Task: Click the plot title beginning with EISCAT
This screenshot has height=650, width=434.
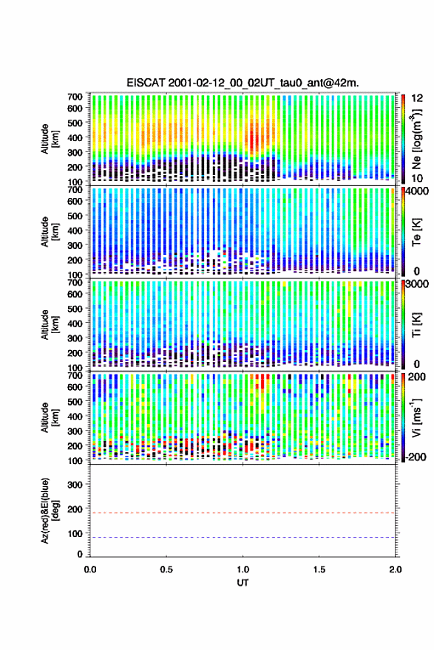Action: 243,83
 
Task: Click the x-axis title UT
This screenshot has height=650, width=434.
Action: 243,583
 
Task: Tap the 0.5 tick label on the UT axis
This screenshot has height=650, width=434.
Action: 166,569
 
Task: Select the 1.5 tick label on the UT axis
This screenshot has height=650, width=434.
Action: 319,569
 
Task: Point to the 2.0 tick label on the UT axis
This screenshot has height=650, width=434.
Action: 396,569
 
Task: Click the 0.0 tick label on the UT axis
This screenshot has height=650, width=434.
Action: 90,569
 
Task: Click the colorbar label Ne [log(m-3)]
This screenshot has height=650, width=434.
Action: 417,140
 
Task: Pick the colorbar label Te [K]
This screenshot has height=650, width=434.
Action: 416,232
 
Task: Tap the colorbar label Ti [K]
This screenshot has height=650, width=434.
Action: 416,325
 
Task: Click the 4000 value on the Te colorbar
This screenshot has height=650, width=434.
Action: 417,191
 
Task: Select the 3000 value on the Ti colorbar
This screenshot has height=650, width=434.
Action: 417,284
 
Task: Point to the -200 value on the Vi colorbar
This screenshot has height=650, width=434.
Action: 414,456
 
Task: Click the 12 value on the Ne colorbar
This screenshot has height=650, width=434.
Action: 417,98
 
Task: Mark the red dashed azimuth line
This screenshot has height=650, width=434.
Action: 243,513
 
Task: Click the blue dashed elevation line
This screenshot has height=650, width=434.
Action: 243,537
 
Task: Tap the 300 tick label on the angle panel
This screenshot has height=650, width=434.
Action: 75,485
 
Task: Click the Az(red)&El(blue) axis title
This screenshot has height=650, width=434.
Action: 50,510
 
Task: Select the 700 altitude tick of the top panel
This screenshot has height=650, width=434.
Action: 75,97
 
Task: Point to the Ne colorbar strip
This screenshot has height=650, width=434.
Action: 403,139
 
